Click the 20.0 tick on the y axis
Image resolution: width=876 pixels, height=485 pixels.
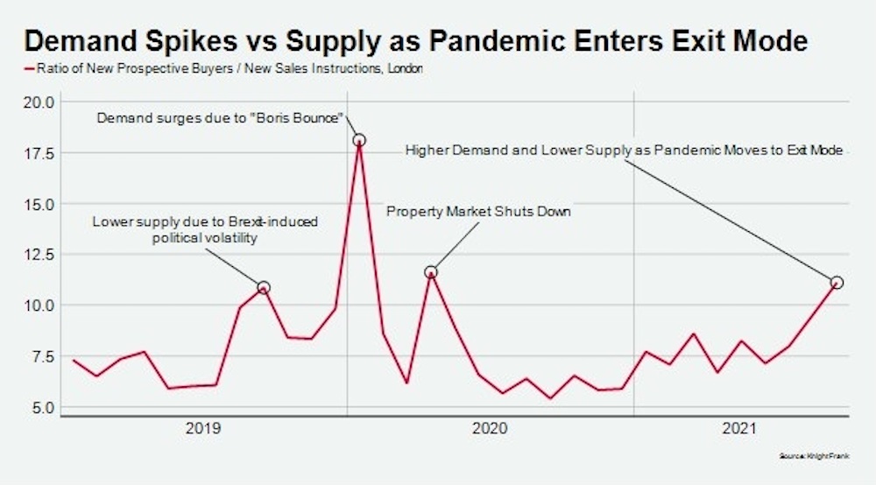[38, 102]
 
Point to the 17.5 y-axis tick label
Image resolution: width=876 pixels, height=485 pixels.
[38, 153]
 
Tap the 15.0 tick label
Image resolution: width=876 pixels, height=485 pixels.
[38, 204]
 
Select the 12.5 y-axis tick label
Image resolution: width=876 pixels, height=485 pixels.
[38, 255]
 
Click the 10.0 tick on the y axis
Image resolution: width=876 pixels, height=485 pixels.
[38, 306]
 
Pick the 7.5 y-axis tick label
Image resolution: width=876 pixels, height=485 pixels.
[40, 356]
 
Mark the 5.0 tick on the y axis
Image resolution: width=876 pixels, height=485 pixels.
[40, 407]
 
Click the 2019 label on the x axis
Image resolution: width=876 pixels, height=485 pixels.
[203, 429]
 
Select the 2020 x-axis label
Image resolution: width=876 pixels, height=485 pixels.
[490, 429]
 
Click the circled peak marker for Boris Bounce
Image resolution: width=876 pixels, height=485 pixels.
[358, 140]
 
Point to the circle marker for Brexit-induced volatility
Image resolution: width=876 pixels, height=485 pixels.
[263, 287]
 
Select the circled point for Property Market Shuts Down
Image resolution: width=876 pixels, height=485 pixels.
[430, 272]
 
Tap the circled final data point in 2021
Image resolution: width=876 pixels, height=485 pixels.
[837, 283]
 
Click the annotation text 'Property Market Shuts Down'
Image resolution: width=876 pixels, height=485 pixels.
[478, 211]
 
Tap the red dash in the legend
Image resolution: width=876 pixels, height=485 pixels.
[28, 68]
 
